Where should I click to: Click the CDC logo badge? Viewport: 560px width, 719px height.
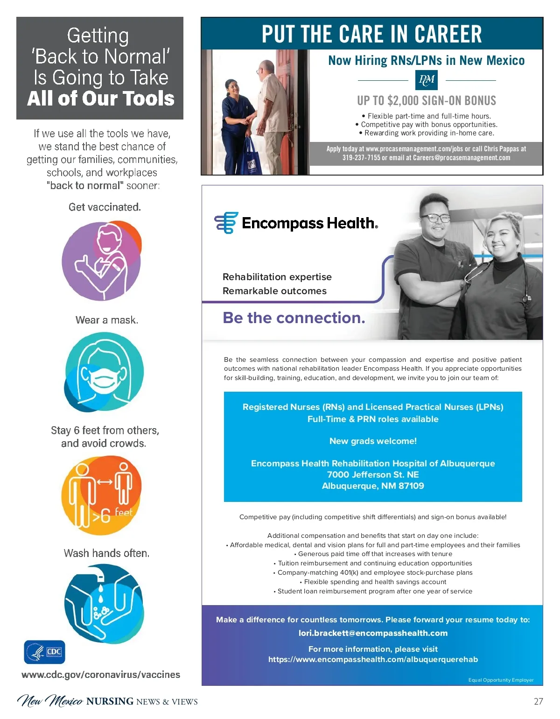pyautogui.click(x=44, y=652)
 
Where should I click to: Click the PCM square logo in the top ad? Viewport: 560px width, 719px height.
pyautogui.click(x=426, y=80)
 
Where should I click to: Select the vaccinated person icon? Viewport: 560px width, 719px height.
pyautogui.click(x=102, y=261)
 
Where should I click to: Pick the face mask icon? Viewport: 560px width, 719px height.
pyautogui.click(x=104, y=372)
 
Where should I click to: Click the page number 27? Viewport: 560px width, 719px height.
pyautogui.click(x=538, y=701)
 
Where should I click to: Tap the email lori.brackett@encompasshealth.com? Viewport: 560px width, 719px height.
pyautogui.click(x=373, y=633)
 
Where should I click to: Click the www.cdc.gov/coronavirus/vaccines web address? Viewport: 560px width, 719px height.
pyautogui.click(x=101, y=675)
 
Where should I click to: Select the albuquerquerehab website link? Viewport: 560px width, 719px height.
pyautogui.click(x=373, y=659)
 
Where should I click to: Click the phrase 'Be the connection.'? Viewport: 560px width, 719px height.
pyautogui.click(x=294, y=318)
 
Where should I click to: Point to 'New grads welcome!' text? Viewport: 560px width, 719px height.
pyautogui.click(x=373, y=441)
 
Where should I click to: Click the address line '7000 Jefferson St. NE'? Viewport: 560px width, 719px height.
pyautogui.click(x=373, y=475)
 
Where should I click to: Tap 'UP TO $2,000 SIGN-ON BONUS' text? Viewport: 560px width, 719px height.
pyautogui.click(x=427, y=100)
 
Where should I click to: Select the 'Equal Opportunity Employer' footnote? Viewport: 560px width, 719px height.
pyautogui.click(x=501, y=680)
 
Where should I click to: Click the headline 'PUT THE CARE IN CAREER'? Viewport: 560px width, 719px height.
pyautogui.click(x=372, y=34)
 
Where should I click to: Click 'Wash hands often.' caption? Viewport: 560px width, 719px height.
pyautogui.click(x=106, y=553)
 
